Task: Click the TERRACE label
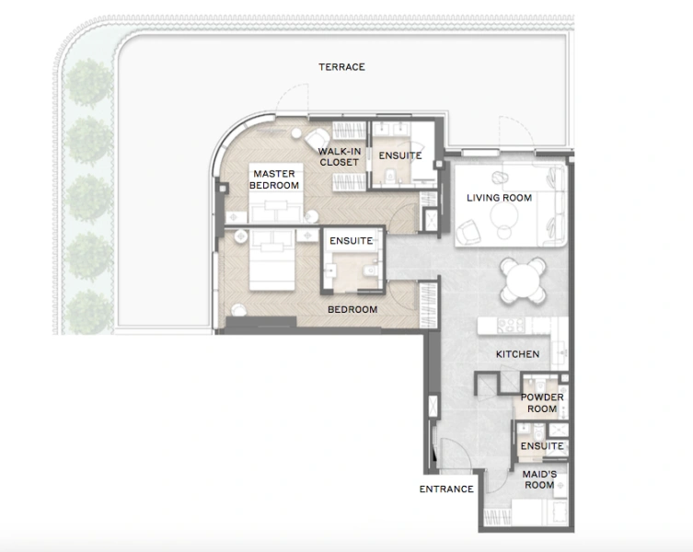pyautogui.click(x=341, y=67)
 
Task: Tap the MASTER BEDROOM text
pyautogui.click(x=274, y=179)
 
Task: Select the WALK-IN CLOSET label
pyautogui.click(x=339, y=156)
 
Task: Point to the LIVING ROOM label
pyautogui.click(x=499, y=198)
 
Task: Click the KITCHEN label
pyautogui.click(x=517, y=354)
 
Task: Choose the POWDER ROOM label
pyautogui.click(x=541, y=403)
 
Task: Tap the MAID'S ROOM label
pyautogui.click(x=539, y=478)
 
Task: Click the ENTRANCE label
pyautogui.click(x=446, y=489)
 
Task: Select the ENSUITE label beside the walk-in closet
pyautogui.click(x=399, y=155)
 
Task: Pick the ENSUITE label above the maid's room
pyautogui.click(x=541, y=446)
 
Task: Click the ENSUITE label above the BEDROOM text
pyautogui.click(x=352, y=241)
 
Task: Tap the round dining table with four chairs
pyautogui.click(x=522, y=278)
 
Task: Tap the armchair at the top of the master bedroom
pyautogui.click(x=303, y=132)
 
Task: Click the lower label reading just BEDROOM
pyautogui.click(x=352, y=310)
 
